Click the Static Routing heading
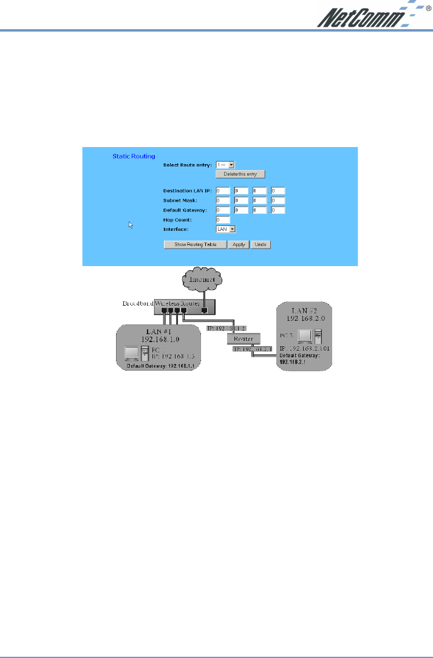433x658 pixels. tap(134, 156)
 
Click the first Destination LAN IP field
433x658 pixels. tap(222, 191)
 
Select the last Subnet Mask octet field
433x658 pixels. tap(278, 200)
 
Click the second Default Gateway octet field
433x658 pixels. tap(241, 210)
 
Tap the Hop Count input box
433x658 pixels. tap(222, 220)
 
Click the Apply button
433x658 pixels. tap(239, 244)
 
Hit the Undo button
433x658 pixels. tap(261, 244)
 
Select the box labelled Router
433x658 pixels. tap(243, 338)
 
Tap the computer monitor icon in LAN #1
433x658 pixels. tap(131, 354)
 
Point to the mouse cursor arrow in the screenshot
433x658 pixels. tap(130, 225)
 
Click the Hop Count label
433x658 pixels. tap(177, 220)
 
